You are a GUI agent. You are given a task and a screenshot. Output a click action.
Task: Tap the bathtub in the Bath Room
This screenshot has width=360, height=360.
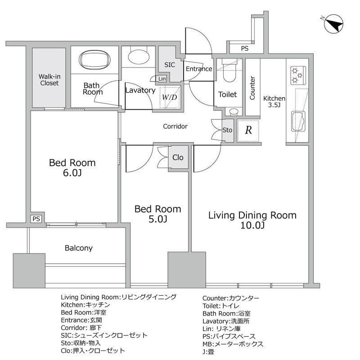point(94,60)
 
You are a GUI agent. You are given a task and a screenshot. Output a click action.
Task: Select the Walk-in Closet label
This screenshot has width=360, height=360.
point(49,80)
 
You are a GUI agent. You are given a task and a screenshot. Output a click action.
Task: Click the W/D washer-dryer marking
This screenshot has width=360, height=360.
point(170,97)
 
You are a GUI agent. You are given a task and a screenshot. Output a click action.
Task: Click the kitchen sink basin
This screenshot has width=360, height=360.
point(298,121)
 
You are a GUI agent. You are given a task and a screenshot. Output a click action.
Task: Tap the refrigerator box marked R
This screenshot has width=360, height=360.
point(248,130)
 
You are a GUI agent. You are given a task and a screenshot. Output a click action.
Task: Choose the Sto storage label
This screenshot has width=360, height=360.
point(227,130)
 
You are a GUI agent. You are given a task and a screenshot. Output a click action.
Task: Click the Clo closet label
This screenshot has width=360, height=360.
point(178,157)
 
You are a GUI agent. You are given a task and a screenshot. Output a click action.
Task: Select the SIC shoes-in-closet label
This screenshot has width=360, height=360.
point(170,65)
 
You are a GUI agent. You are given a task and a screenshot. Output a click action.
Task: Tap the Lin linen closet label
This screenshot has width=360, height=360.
point(162,79)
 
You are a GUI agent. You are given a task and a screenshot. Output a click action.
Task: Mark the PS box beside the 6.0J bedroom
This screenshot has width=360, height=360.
point(36,219)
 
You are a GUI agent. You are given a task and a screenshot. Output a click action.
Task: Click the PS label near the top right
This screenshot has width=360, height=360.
point(245,49)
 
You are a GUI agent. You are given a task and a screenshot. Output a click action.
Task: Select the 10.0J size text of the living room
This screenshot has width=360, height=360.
point(252,225)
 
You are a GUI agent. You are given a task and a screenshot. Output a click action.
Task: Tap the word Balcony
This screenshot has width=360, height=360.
point(78,248)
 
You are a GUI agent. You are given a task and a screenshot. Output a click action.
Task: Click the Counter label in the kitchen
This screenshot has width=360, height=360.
point(252,88)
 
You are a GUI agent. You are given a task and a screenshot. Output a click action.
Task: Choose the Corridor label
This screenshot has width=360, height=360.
point(175,126)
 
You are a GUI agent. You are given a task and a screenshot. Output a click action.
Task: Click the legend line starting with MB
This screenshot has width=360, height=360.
point(233,344)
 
